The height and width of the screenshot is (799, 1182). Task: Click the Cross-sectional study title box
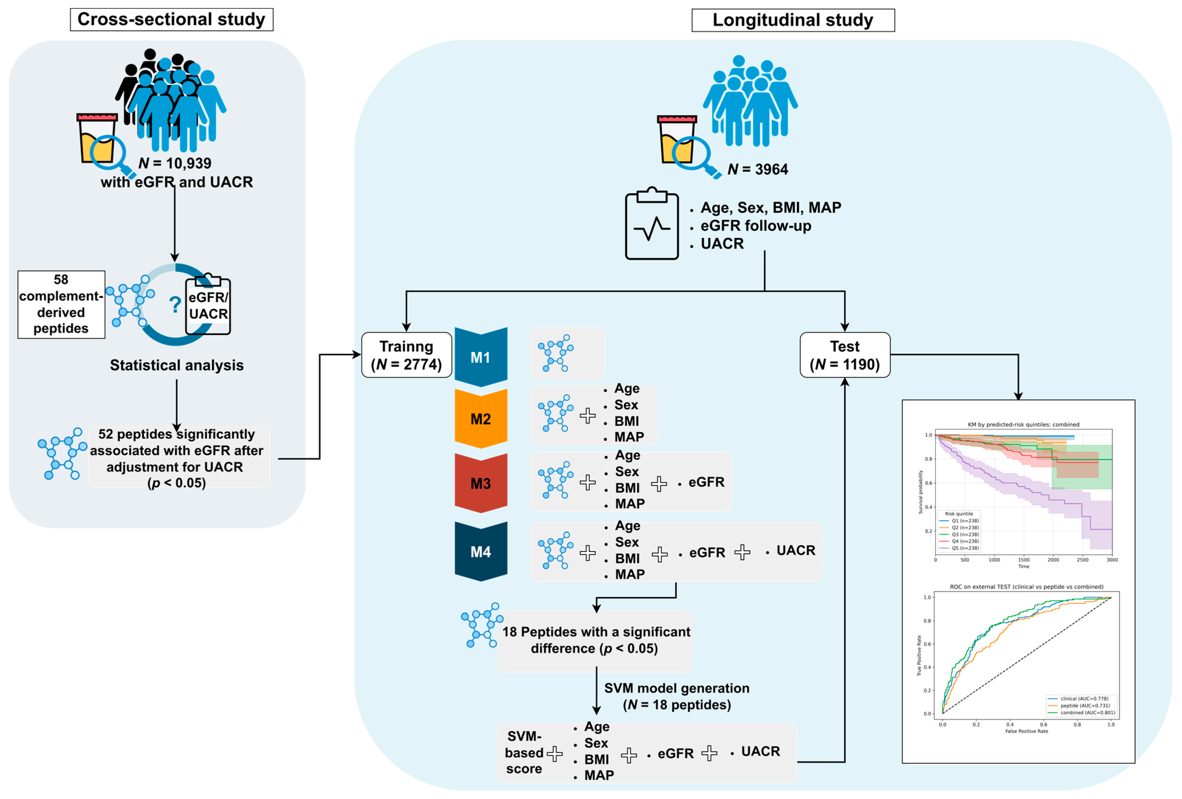coord(171,19)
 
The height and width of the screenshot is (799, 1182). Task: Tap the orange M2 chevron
coord(481,418)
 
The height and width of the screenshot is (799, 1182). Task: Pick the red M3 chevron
coord(481,483)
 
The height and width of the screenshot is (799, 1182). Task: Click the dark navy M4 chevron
coord(481,551)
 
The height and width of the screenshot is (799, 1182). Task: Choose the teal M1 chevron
coord(481,357)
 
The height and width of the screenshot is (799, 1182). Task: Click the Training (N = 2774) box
coord(406,355)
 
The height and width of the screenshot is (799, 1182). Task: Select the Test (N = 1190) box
coord(844,355)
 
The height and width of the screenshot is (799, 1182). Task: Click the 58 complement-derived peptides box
coord(61,304)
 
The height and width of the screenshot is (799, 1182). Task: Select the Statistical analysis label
coord(176,365)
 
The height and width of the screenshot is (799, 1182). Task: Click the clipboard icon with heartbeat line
coord(651,224)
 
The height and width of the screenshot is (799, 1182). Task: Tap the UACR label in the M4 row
coord(796,550)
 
